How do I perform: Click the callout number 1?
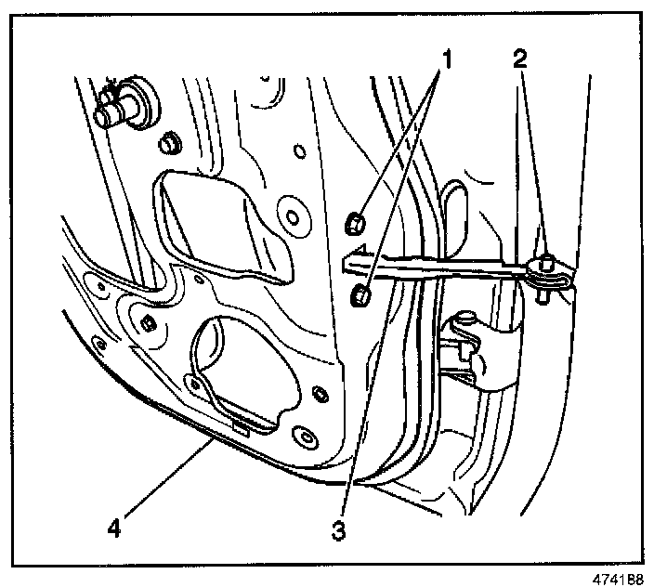[x=446, y=62]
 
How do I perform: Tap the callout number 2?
[x=520, y=61]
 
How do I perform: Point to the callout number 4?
[x=113, y=528]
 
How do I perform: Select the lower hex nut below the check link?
[x=361, y=296]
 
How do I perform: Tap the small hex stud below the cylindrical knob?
[x=168, y=145]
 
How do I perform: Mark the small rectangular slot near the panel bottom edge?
[x=240, y=427]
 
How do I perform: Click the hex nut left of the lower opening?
[x=148, y=322]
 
